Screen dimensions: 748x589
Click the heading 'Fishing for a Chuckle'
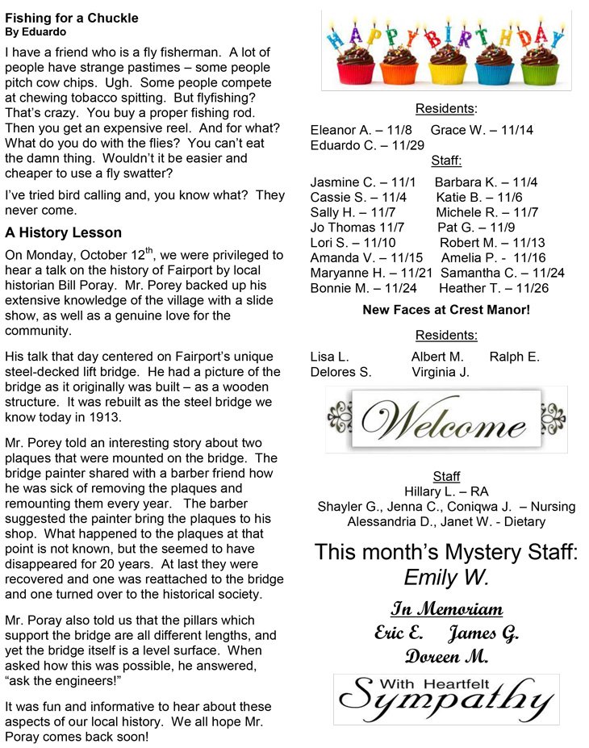pyautogui.click(x=72, y=18)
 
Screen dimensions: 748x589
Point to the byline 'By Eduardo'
pyautogui.click(x=36, y=32)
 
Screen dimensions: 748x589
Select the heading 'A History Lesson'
pyautogui.click(x=63, y=233)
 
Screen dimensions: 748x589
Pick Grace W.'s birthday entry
pyautogui.click(x=482, y=130)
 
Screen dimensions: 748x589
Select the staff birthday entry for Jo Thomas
pyautogui.click(x=357, y=228)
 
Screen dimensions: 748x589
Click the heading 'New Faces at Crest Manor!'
pyautogui.click(x=446, y=310)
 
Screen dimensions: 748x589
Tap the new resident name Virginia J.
pyautogui.click(x=441, y=372)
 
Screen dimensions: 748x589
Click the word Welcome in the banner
pyautogui.click(x=445, y=420)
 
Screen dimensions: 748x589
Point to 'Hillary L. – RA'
pyautogui.click(x=446, y=491)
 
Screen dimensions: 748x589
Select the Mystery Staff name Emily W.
pyautogui.click(x=446, y=578)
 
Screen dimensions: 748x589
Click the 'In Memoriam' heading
pyautogui.click(x=446, y=608)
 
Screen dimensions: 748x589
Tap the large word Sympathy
pyautogui.click(x=446, y=700)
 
